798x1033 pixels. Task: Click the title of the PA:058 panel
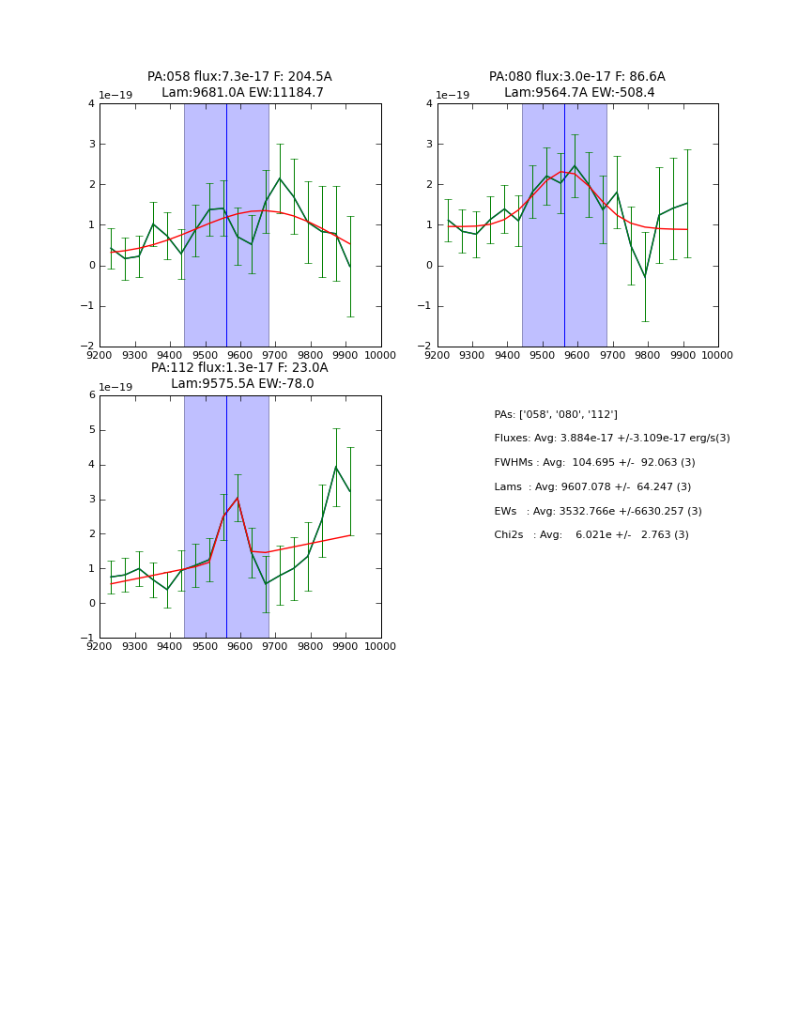(x=239, y=85)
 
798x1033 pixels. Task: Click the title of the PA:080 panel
(x=577, y=85)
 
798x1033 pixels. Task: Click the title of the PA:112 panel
(x=239, y=376)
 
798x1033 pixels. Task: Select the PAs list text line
(x=556, y=414)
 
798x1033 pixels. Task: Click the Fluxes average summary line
(x=611, y=439)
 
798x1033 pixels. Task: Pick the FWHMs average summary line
(x=594, y=463)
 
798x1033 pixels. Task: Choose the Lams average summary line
(x=592, y=487)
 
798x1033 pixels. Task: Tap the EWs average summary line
(x=598, y=512)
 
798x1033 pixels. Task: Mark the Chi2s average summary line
(x=591, y=535)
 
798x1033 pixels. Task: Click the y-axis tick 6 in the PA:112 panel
(x=92, y=395)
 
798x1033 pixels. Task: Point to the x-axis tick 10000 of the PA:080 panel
(x=718, y=355)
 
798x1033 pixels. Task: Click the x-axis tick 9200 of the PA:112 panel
(x=100, y=646)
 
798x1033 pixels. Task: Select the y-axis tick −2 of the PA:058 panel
(x=89, y=347)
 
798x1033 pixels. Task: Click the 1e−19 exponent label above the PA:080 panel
(x=453, y=96)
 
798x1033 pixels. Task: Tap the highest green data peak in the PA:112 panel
(x=336, y=467)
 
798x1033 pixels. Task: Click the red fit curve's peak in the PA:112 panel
(x=238, y=498)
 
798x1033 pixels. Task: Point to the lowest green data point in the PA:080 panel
(x=645, y=277)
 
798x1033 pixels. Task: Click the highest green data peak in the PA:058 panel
(x=280, y=178)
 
